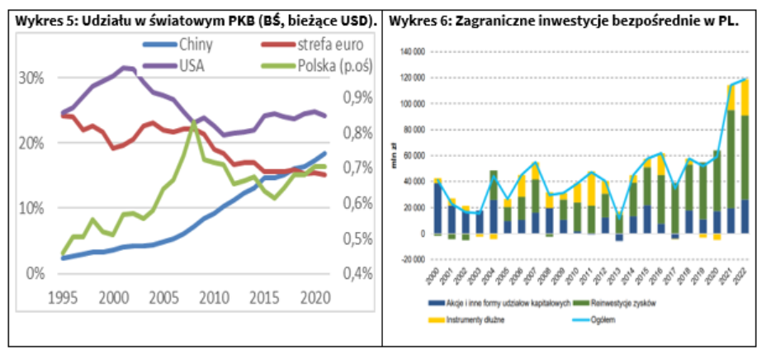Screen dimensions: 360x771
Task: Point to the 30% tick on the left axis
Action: coord(32,78)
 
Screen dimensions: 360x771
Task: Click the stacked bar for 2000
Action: coord(438,206)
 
